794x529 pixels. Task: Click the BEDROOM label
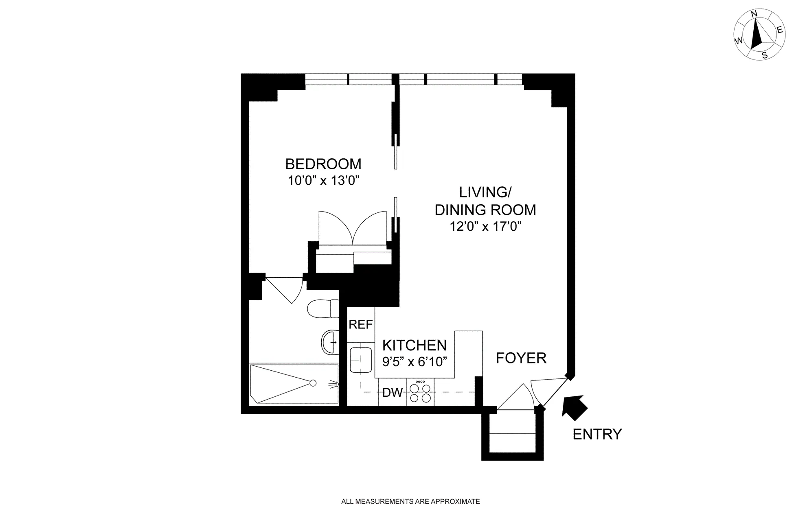[x=323, y=164]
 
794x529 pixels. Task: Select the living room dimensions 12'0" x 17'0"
[x=485, y=226]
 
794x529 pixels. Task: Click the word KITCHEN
[x=415, y=345]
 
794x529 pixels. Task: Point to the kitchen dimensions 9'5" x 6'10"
[x=415, y=361]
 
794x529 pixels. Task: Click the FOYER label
[x=521, y=358]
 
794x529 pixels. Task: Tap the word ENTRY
[x=597, y=434]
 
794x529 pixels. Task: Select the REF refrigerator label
[x=360, y=324]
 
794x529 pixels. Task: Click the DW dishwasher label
[x=392, y=393]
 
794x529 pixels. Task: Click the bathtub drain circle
[x=313, y=383]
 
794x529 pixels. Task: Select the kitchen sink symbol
[x=361, y=360]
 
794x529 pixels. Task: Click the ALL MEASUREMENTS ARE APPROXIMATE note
[x=410, y=502]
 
